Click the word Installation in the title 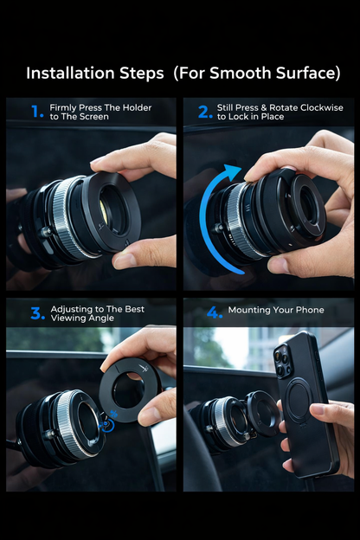[x=94, y=74]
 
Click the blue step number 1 [x=36, y=112]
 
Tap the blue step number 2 [x=204, y=112]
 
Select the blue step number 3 [x=37, y=313]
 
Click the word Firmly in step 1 [x=64, y=107]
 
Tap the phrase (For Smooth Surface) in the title [x=256, y=74]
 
